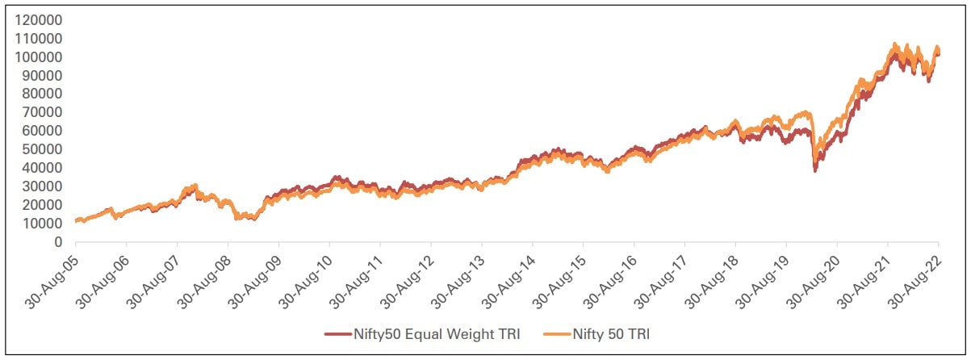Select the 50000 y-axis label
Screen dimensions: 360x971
pos(40,149)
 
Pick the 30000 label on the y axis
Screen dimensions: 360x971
pos(40,186)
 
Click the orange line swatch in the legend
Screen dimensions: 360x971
pos(550,333)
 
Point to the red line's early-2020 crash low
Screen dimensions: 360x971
pos(815,170)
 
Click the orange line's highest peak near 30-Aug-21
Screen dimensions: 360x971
pos(894,44)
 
